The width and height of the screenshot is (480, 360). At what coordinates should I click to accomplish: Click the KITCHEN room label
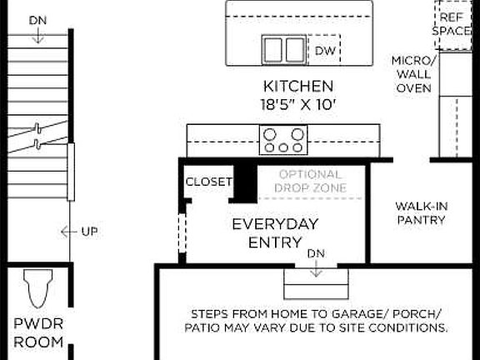click(x=298, y=86)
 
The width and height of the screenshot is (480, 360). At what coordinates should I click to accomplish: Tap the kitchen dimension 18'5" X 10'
click(x=298, y=105)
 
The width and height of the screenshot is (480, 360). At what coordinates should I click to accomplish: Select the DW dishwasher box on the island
click(x=324, y=50)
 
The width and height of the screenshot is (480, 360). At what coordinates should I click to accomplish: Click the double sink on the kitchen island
click(x=284, y=49)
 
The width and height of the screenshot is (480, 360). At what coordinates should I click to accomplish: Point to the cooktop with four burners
click(x=284, y=139)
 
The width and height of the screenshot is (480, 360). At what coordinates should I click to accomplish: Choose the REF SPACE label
click(x=452, y=23)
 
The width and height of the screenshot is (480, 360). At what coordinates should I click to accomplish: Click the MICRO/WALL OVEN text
click(x=413, y=74)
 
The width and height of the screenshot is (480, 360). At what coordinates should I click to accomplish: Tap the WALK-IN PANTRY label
click(x=420, y=212)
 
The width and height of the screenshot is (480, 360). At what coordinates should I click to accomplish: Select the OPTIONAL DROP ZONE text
click(x=310, y=181)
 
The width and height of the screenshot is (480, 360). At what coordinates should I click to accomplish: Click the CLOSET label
click(x=208, y=182)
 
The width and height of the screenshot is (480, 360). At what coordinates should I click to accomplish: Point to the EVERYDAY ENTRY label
click(x=275, y=232)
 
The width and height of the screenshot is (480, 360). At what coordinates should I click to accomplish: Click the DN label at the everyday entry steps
click(x=316, y=252)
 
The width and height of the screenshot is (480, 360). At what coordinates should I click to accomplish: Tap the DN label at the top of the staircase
click(x=37, y=19)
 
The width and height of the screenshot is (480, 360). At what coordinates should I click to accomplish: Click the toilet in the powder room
click(x=37, y=290)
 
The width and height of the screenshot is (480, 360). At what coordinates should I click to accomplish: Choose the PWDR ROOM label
click(x=38, y=332)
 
